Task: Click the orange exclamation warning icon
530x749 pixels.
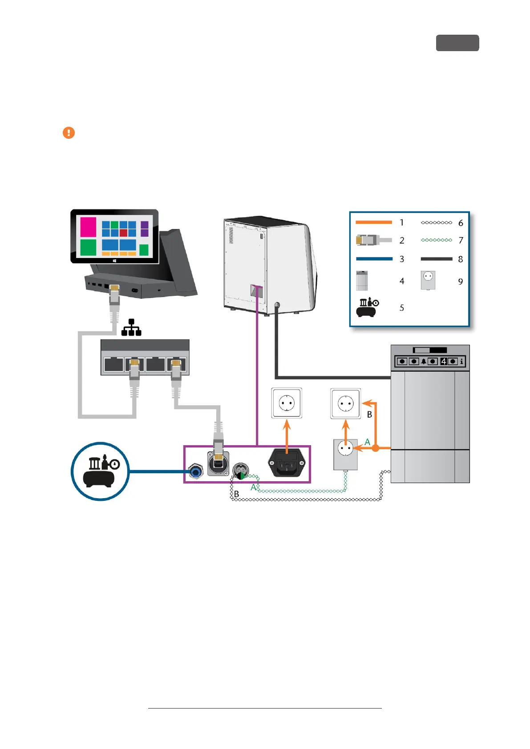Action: [x=69, y=133]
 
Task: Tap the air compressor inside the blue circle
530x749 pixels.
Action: [x=101, y=471]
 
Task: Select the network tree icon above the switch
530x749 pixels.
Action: [x=131, y=327]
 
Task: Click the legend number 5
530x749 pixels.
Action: [x=402, y=308]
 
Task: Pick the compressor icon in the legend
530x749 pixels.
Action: [x=368, y=307]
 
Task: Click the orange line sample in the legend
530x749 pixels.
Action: [x=373, y=222]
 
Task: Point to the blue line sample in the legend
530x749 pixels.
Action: [x=374, y=258]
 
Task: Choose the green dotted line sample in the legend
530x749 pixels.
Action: [x=436, y=240]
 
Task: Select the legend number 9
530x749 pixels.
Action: [x=461, y=282]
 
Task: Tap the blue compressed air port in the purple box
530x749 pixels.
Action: [x=195, y=471]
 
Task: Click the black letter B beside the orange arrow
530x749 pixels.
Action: [x=369, y=415]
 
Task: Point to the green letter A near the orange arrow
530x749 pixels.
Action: [x=367, y=442]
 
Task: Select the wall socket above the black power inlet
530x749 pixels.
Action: [x=287, y=403]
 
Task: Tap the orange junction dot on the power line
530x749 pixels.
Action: [x=376, y=448]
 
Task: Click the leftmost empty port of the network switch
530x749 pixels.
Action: [x=113, y=364]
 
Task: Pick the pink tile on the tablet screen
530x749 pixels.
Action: [x=88, y=227]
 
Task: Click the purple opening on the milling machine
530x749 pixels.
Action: [x=257, y=291]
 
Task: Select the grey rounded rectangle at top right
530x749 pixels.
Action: [x=457, y=43]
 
